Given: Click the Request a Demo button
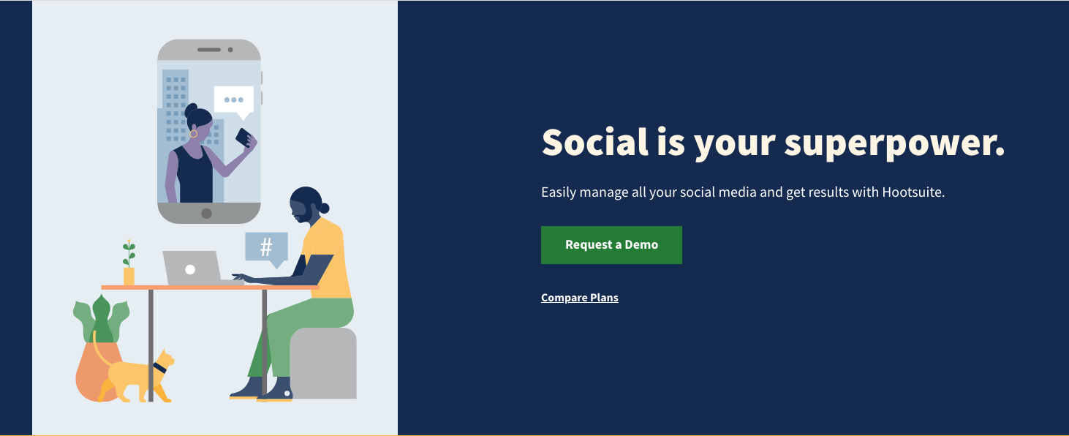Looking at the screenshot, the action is (611, 245).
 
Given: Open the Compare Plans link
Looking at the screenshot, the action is (579, 298).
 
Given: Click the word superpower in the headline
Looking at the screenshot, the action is (894, 143).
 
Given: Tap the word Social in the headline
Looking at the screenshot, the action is (594, 142).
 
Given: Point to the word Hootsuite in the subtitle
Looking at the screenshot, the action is (913, 192).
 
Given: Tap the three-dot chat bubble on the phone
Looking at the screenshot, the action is (234, 102).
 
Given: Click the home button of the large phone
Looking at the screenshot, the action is (207, 214).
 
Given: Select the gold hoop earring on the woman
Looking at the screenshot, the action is (193, 134).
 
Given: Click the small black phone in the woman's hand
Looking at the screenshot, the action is (244, 138).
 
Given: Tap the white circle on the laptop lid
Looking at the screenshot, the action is (190, 269).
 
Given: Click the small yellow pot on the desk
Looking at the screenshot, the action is (129, 277).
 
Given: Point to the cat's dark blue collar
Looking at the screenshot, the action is (159, 368).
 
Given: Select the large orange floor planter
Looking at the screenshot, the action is (99, 371).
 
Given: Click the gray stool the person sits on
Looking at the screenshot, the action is (323, 363).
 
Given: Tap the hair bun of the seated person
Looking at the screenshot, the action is (325, 208).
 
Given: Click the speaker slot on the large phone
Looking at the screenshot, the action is (209, 50).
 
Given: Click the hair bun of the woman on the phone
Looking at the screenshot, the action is (191, 109).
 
